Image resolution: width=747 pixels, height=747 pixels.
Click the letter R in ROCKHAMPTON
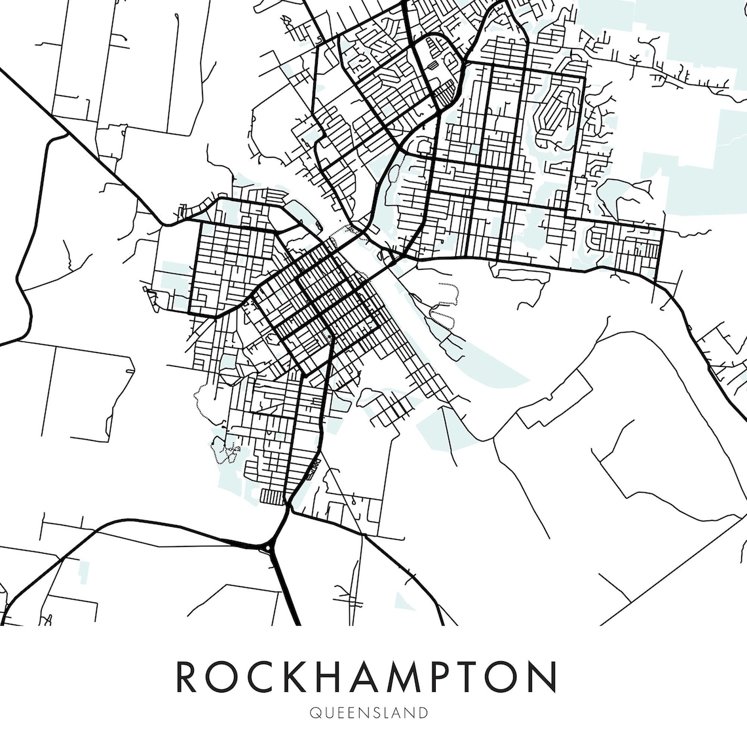187,678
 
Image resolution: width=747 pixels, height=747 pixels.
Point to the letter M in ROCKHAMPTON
412,678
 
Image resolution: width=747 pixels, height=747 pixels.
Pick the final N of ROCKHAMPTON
545,678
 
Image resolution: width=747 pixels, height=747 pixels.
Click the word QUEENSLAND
369,712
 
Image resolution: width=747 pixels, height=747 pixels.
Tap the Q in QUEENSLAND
315,712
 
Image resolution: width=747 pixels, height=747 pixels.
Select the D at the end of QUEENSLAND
424,712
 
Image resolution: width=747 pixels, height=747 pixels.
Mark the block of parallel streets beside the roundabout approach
273,496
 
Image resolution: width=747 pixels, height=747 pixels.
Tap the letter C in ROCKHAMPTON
261,678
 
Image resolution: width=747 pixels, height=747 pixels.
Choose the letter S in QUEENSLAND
377,712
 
